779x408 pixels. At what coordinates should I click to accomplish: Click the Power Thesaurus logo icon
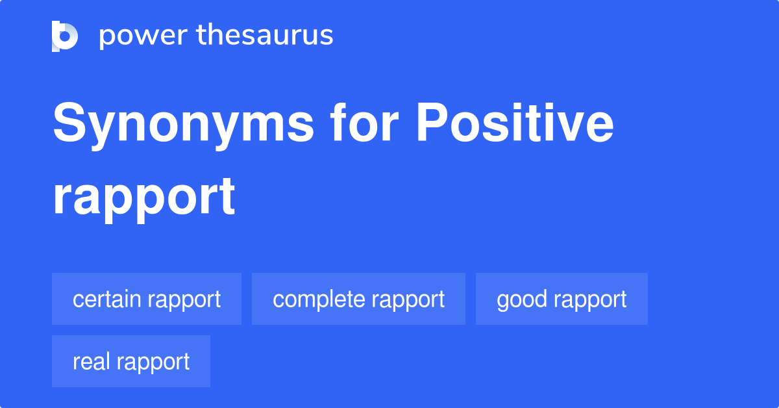(65, 36)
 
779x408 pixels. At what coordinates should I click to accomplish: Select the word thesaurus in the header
(265, 36)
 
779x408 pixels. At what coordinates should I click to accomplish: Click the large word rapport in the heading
(143, 196)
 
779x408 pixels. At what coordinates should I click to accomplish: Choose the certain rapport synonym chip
(147, 299)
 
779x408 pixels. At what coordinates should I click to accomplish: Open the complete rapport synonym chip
(358, 299)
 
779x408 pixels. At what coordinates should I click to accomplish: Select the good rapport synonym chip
(562, 299)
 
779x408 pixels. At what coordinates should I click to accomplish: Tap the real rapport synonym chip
(131, 361)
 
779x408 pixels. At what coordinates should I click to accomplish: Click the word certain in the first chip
(107, 299)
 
